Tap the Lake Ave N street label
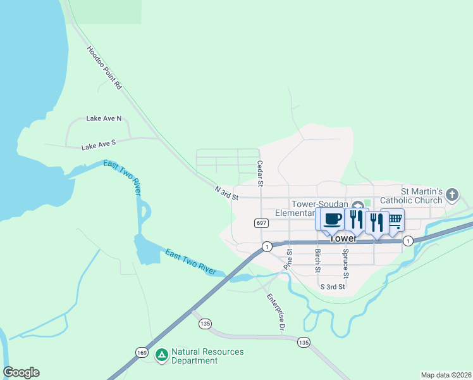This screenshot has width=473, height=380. [103, 118]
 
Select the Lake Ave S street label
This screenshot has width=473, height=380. [98, 146]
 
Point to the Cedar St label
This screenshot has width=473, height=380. [259, 173]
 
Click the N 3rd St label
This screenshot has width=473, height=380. [226, 193]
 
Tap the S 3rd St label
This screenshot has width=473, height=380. [332, 287]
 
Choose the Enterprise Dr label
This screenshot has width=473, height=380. [276, 313]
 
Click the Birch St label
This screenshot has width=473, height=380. [317, 261]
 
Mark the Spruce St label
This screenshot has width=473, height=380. [345, 263]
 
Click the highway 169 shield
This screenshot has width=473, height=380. [141, 352]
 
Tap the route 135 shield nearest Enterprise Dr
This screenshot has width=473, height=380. [304, 342]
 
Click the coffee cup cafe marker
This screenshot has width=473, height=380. [332, 219]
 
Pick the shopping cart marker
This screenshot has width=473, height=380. [395, 219]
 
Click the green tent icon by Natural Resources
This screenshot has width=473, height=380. [162, 356]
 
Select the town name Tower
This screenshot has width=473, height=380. [343, 239]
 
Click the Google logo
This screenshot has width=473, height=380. [21, 372]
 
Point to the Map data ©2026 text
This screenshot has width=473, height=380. [446, 375]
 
